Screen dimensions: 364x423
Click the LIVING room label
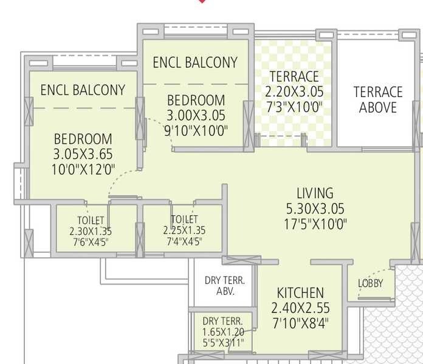pyautogui.click(x=315, y=194)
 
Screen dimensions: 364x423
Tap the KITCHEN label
pyautogui.click(x=300, y=292)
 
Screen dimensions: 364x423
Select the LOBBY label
pyautogui.click(x=371, y=283)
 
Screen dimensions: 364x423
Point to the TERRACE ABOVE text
pyautogui.click(x=378, y=99)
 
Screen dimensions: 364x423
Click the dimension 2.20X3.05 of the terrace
pyautogui.click(x=294, y=92)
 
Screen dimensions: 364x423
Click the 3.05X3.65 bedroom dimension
pyautogui.click(x=83, y=154)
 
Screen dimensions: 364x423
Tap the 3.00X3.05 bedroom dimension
pyautogui.click(x=196, y=115)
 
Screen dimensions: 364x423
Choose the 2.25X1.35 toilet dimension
pyautogui.click(x=184, y=231)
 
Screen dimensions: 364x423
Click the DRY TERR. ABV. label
pyautogui.click(x=224, y=286)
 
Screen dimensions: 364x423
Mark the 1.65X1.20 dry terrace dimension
pyautogui.click(x=223, y=332)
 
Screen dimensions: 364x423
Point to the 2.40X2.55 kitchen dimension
pyautogui.click(x=300, y=307)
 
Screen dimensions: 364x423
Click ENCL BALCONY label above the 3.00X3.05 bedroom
pyautogui.click(x=195, y=62)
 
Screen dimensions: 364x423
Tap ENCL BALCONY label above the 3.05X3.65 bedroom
pyautogui.click(x=83, y=90)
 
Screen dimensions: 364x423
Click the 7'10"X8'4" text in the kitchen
pyautogui.click(x=300, y=322)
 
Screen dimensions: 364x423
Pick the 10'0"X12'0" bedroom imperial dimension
pyautogui.click(x=83, y=169)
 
